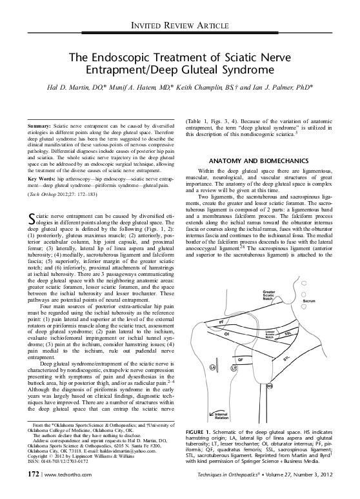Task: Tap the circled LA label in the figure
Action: tap(212, 367)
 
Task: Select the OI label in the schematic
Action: tap(226, 335)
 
